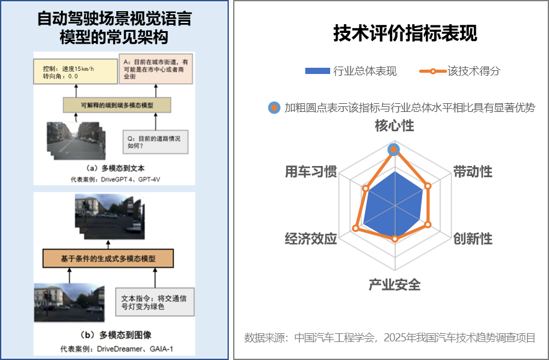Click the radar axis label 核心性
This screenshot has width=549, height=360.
pos(394,126)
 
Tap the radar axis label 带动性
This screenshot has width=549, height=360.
pos(472,172)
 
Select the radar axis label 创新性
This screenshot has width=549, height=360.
pos(472,239)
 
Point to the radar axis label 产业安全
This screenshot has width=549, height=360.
pos(394,285)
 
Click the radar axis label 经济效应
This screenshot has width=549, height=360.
pos(310,239)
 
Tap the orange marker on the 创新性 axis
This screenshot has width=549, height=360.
pos(428,224)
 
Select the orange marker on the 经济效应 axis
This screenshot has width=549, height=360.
pos(356,228)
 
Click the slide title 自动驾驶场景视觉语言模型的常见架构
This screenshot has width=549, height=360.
pos(114,27)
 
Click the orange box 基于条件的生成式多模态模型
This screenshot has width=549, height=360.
pos(108,257)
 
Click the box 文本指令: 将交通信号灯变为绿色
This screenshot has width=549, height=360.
pos(155,302)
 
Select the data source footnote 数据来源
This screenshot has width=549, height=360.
pos(389,338)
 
